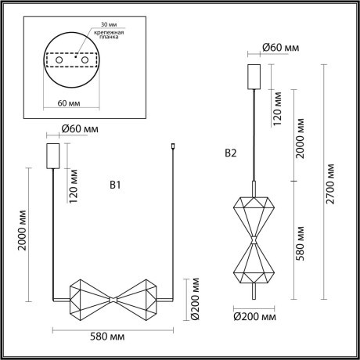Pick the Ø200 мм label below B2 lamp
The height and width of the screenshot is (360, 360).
pyautogui.click(x=255, y=318)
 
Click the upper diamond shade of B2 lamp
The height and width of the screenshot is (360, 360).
pyautogui.click(x=254, y=210)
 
